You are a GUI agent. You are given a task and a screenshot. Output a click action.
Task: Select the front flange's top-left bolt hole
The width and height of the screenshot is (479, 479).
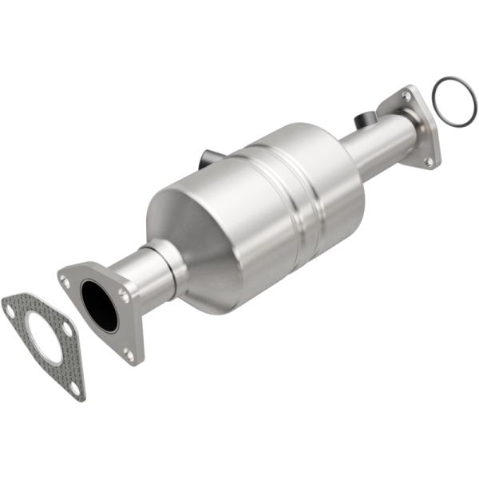click(x=65, y=279)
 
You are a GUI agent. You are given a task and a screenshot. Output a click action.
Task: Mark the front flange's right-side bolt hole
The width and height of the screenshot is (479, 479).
click(x=124, y=295)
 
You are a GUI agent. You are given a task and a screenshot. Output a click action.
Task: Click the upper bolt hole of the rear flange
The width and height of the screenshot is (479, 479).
click(x=408, y=96)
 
